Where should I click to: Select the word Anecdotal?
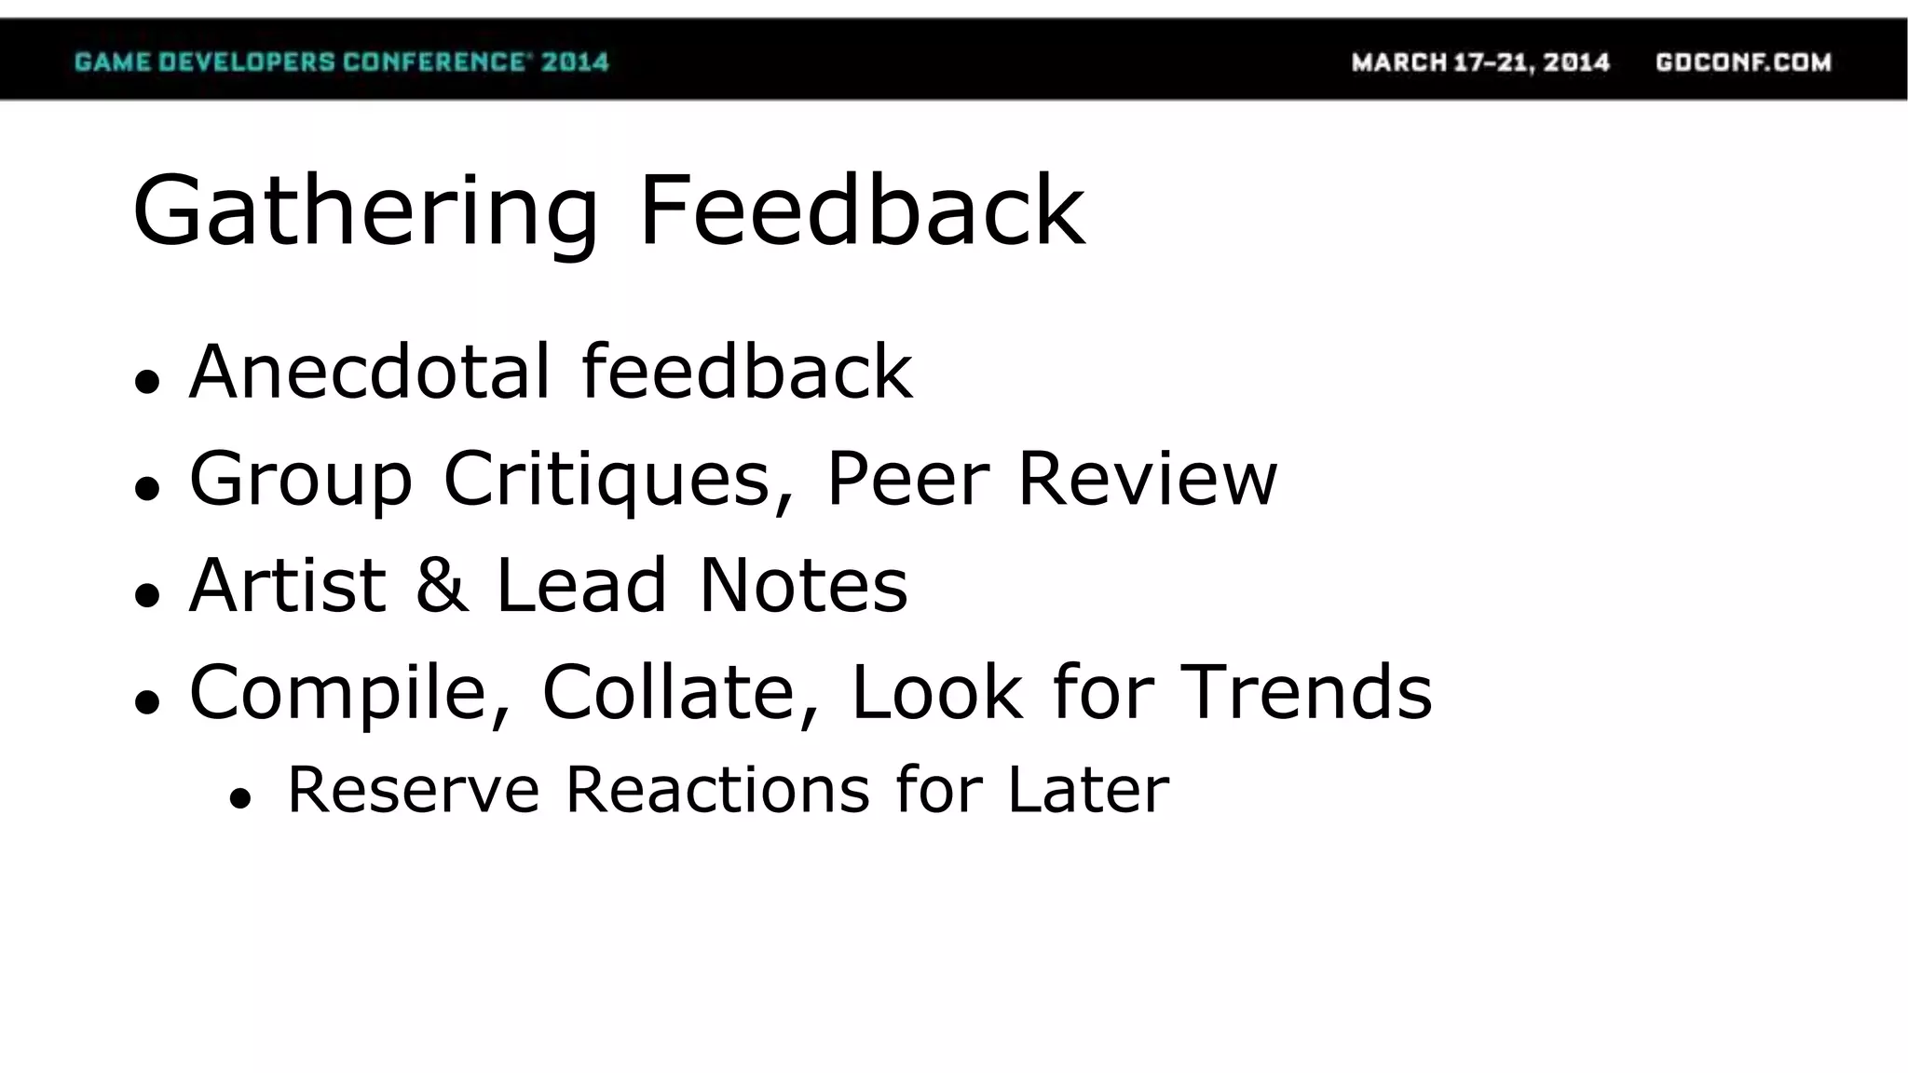[x=371, y=372]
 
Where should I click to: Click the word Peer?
[x=907, y=479]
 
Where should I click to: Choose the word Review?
[x=1147, y=479]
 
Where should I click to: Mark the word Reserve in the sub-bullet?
[x=413, y=790]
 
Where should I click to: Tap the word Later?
[x=1087, y=790]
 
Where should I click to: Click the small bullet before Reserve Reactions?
[x=240, y=798]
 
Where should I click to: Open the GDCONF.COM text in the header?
[x=1743, y=62]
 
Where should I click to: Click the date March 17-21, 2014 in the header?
[x=1480, y=62]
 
